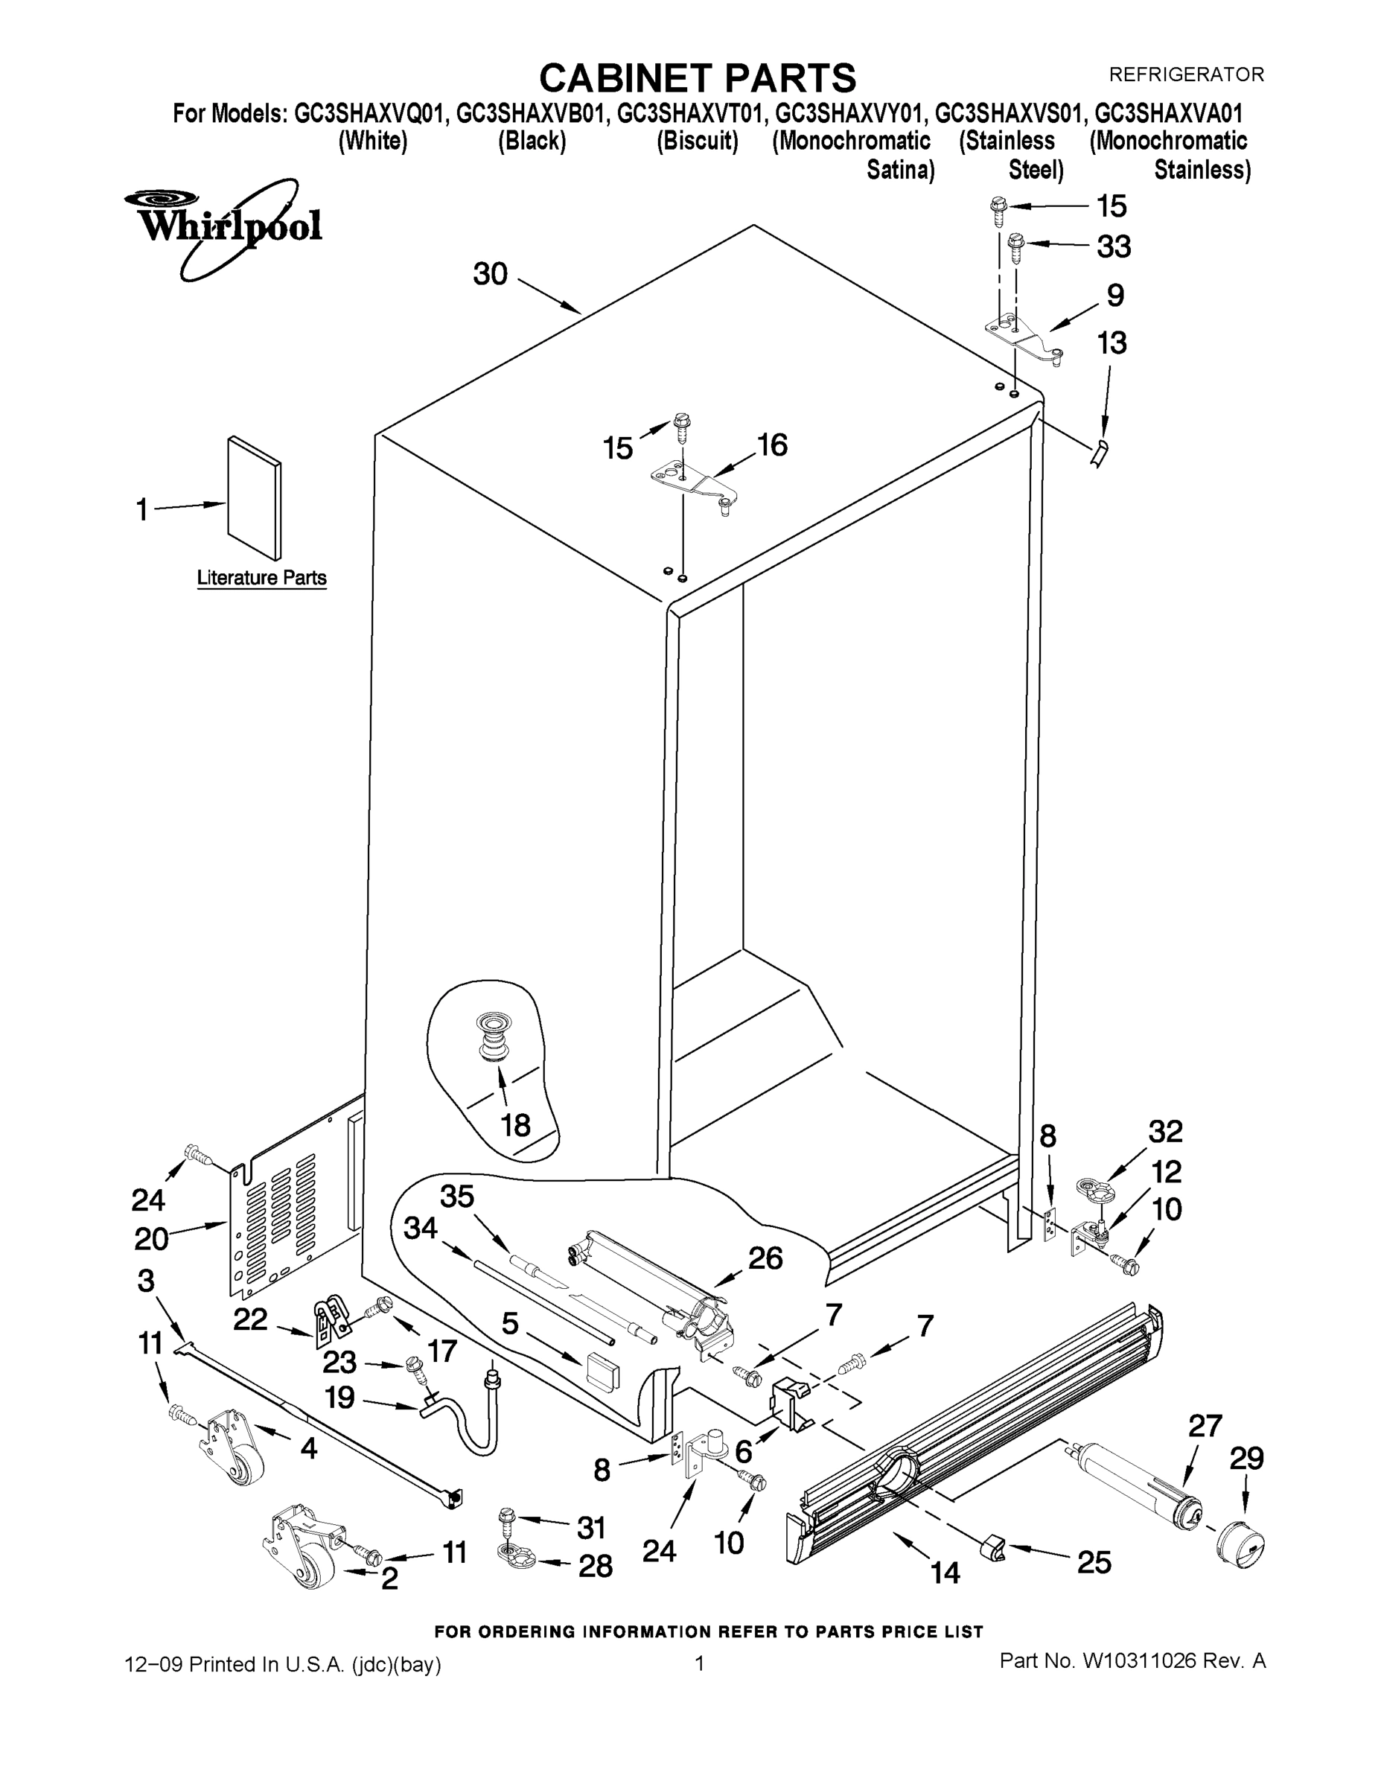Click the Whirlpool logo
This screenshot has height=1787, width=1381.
click(223, 226)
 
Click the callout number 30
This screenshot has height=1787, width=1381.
click(490, 274)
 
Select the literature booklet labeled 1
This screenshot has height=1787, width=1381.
click(255, 497)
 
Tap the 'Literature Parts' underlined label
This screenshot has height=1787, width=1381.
click(261, 578)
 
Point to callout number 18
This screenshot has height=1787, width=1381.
click(515, 1125)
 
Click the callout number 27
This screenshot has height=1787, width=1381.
click(1205, 1426)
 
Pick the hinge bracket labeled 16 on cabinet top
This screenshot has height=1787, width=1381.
click(695, 482)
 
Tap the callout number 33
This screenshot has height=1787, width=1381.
click(1114, 246)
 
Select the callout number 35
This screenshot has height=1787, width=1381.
click(457, 1197)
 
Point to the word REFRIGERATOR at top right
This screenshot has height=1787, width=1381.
click(1185, 74)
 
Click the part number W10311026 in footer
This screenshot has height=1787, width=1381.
click(1139, 1660)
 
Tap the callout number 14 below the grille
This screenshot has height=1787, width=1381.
click(944, 1573)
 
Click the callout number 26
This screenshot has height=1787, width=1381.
click(765, 1258)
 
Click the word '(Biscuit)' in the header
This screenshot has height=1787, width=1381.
click(697, 141)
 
